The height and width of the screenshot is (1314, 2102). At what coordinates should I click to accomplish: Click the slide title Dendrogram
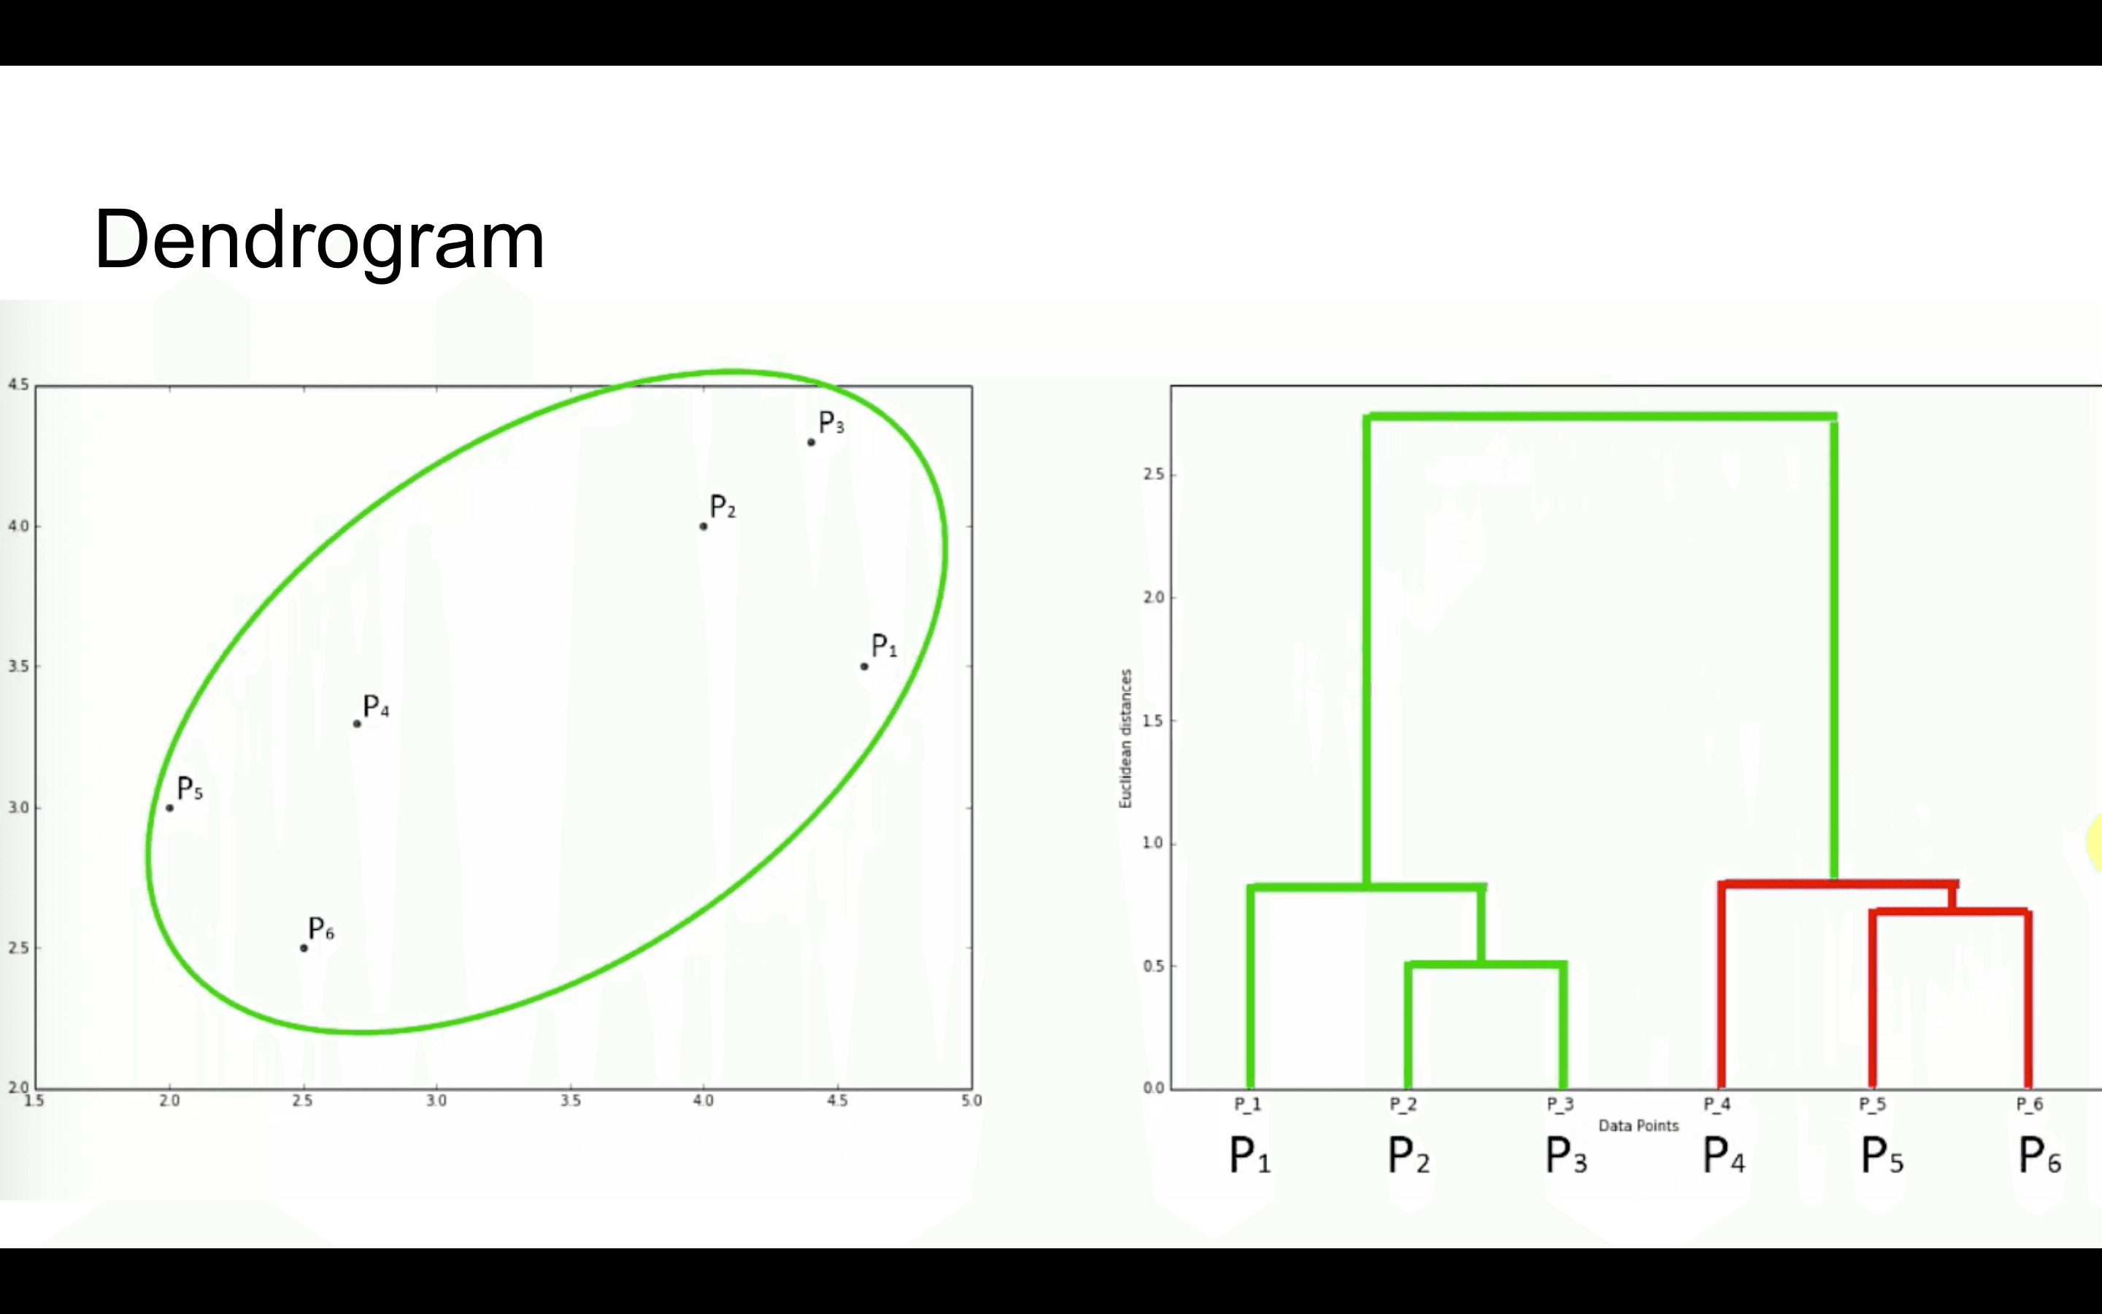[x=319, y=241]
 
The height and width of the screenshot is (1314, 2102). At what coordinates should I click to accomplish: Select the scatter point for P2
[x=704, y=526]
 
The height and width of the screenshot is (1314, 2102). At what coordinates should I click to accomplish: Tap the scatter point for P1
[x=864, y=666]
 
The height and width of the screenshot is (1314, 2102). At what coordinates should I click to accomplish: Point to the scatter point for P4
[x=357, y=724]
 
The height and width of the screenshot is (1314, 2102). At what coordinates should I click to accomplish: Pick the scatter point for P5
[x=170, y=808]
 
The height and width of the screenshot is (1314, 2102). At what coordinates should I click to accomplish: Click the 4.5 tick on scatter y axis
[x=18, y=385]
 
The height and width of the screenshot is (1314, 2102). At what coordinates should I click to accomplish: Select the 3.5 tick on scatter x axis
[x=570, y=1101]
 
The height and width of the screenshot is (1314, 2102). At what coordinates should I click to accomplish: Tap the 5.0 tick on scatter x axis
[x=971, y=1101]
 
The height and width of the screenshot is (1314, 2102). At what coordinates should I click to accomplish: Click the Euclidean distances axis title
[x=1125, y=739]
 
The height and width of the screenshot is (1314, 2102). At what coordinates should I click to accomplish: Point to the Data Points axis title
[x=1638, y=1126]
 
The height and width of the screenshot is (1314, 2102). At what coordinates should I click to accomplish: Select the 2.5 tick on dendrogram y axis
[x=1155, y=474]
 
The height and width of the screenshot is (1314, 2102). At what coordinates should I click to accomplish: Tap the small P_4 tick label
[x=1717, y=1104]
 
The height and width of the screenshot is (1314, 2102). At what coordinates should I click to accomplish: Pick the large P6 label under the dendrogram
[x=2039, y=1157]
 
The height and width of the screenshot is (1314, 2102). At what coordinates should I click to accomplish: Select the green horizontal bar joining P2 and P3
[x=1485, y=964]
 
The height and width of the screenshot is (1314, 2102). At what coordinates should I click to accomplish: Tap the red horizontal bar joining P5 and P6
[x=1950, y=912]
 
